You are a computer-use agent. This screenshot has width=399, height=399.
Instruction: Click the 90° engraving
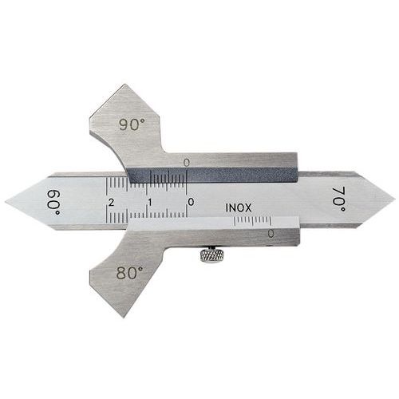132,124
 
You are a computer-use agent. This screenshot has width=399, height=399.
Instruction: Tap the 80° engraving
130,272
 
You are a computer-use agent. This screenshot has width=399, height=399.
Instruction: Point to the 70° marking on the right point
339,199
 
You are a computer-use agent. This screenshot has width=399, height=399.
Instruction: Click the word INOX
239,207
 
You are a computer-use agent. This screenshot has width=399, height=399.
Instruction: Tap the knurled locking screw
212,255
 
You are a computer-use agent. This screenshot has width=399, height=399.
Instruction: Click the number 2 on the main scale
112,203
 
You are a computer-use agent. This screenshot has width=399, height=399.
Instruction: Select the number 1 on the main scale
150,203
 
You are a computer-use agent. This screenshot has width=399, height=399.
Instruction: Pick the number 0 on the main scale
191,202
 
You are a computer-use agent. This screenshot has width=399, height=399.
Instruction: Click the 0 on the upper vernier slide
187,162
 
